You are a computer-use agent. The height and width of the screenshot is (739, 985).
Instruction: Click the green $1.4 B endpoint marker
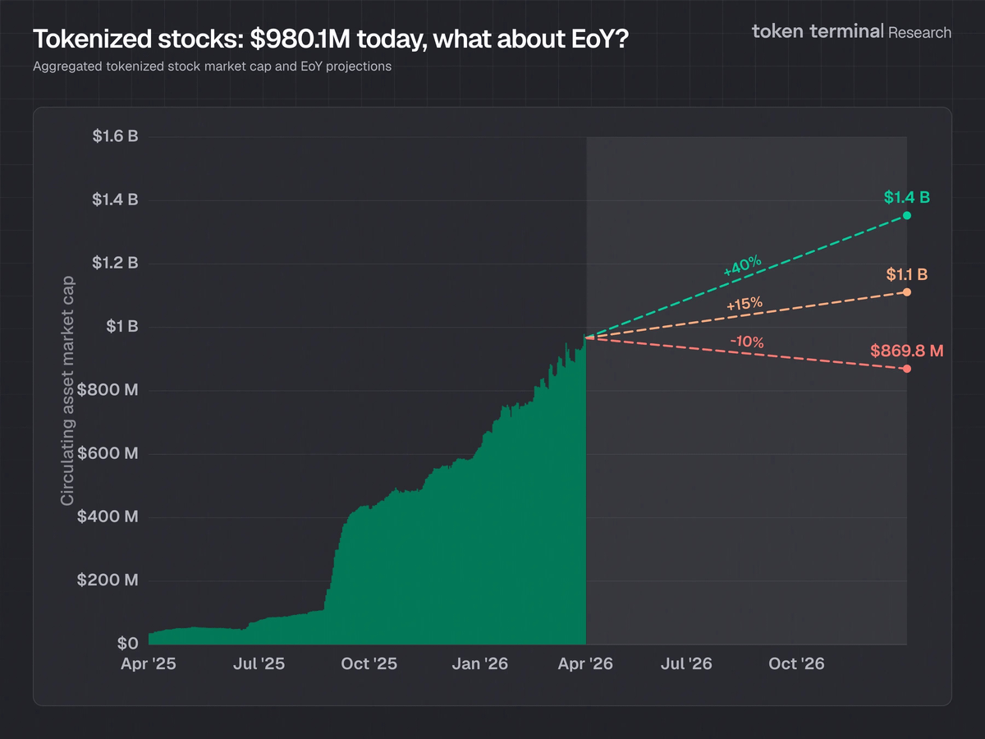(907, 215)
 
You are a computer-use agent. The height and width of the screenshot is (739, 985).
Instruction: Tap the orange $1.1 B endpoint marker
(907, 292)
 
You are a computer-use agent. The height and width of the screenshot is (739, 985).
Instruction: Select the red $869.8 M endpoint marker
(907, 369)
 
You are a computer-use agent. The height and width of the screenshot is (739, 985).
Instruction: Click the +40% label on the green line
(743, 266)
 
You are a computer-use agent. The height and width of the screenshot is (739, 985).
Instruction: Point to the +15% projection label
(744, 305)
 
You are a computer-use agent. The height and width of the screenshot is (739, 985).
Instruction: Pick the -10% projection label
(747, 342)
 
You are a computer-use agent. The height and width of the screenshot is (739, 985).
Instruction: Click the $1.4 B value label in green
(907, 198)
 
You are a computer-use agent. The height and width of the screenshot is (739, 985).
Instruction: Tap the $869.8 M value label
(907, 351)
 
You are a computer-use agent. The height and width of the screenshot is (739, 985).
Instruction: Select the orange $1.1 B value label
(907, 274)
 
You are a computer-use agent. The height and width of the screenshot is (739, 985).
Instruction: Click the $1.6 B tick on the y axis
(115, 136)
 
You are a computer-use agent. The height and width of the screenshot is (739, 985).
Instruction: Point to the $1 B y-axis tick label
(121, 327)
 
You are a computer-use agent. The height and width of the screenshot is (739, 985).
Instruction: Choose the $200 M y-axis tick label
(108, 581)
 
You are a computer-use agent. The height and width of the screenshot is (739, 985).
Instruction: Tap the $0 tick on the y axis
(126, 644)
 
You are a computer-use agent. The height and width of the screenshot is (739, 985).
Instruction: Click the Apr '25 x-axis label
(149, 663)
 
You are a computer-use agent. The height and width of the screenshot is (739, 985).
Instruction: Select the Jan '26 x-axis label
(480, 663)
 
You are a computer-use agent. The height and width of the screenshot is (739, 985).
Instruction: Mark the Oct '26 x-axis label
(797, 663)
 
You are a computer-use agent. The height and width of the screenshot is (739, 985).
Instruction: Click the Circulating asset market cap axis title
(67, 390)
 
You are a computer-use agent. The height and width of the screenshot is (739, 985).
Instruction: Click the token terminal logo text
(818, 32)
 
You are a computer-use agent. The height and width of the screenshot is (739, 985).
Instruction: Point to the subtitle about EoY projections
(212, 67)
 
